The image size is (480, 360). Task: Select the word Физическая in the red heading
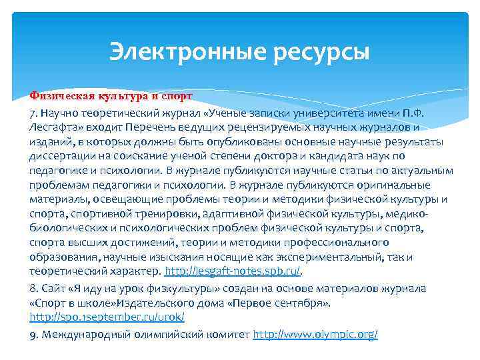(x=58, y=95)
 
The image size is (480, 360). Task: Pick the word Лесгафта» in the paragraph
(x=53, y=127)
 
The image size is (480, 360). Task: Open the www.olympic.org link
(x=315, y=333)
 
